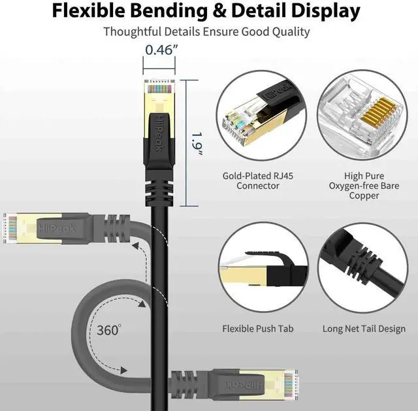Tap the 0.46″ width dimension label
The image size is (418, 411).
pos(159,49)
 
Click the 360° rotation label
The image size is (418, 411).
pos(109,330)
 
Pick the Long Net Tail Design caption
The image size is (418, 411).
pos(364,329)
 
